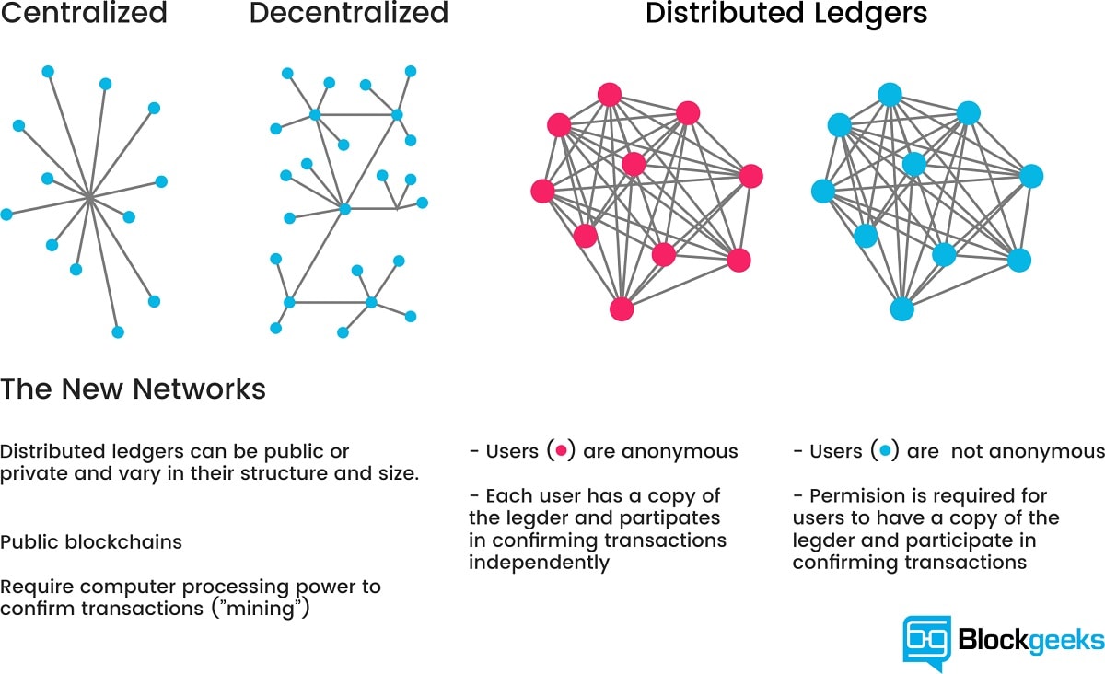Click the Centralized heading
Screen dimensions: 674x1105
coord(84,14)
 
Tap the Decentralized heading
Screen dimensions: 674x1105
coord(348,14)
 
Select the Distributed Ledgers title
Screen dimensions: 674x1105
coord(786,14)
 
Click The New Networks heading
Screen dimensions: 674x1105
coord(133,389)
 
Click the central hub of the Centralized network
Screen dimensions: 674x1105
coord(89,196)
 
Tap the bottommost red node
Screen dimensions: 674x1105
coord(622,308)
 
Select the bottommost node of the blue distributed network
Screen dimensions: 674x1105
coord(902,308)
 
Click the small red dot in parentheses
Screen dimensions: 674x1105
coord(561,451)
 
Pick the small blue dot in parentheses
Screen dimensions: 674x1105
coord(885,451)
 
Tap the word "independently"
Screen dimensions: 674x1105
coord(539,563)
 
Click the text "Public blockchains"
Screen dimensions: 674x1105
coord(91,541)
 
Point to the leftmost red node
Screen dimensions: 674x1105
coord(542,191)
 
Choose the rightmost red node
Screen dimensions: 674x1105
coord(751,175)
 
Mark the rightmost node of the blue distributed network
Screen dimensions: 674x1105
coord(1031,175)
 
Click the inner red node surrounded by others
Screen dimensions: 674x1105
coord(634,164)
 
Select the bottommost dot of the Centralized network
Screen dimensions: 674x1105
coord(117,331)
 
